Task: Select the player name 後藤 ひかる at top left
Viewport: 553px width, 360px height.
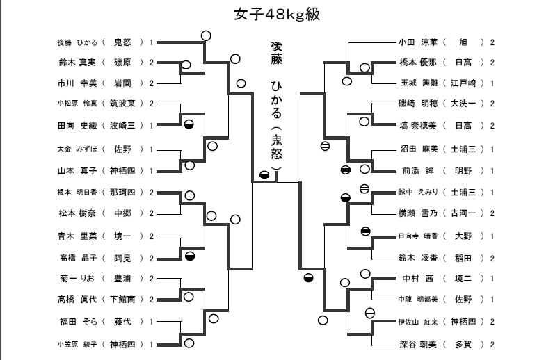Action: tap(77, 42)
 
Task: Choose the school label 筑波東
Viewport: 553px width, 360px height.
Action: tap(126, 104)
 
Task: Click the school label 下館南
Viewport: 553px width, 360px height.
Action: tap(126, 300)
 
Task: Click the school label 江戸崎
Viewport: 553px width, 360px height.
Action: tap(463, 83)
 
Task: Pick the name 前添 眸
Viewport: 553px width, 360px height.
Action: tap(418, 170)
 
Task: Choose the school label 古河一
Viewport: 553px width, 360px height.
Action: tap(463, 213)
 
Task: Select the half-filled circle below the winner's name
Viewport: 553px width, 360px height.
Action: tap(264, 174)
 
